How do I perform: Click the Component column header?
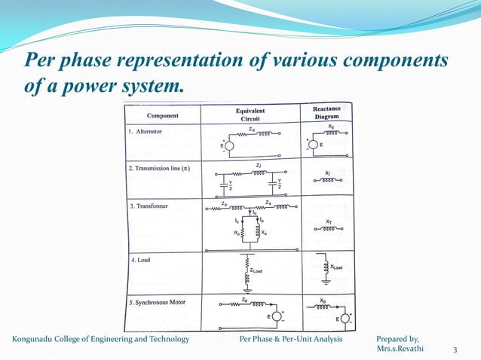coord(162,116)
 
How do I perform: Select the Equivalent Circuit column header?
coord(250,114)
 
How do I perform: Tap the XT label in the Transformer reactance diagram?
coord(329,221)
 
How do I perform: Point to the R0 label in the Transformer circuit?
coord(237,234)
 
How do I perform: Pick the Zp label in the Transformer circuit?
coord(225,203)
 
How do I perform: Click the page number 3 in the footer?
coord(455,349)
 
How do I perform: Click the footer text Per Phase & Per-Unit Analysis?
coord(290,340)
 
